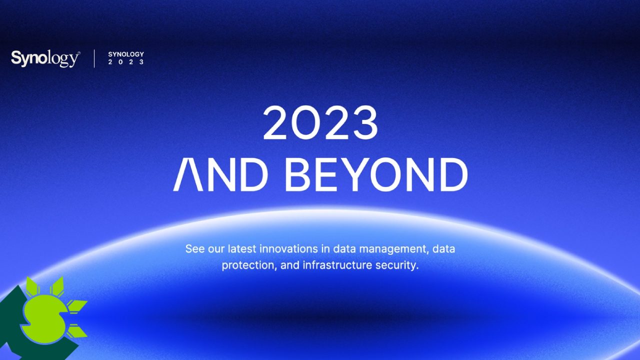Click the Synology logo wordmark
click(x=45, y=58)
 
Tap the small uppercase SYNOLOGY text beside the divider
click(x=126, y=54)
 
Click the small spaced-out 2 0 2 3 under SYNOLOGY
click(x=126, y=62)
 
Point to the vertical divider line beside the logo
click(x=94, y=58)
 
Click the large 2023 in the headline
click(x=320, y=123)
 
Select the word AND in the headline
click(x=220, y=174)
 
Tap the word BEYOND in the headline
click(x=376, y=174)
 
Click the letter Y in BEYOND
click(x=353, y=174)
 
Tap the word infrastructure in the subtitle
click(x=337, y=265)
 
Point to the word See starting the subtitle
click(x=195, y=248)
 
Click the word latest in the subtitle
click(x=242, y=248)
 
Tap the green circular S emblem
click(x=43, y=319)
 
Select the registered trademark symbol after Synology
click(x=79, y=53)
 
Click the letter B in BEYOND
click(x=297, y=174)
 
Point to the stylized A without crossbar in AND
click(x=188, y=174)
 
